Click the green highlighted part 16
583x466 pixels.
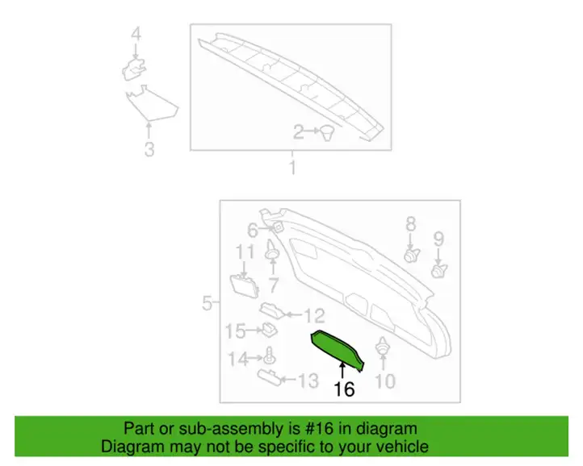coord(338,348)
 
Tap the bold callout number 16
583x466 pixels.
coord(344,389)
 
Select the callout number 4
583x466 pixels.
coord(136,35)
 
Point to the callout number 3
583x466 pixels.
coord(149,150)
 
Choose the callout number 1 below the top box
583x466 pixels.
coord(293,168)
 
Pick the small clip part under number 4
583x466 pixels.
coord(134,69)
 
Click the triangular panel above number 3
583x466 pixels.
coord(150,104)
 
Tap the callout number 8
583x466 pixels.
coord(410,224)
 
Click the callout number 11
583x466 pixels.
coord(245,252)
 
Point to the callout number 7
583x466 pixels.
coord(273,285)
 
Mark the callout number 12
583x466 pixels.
coord(315,316)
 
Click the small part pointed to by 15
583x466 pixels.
coord(269,330)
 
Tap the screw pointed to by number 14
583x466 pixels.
coord(268,356)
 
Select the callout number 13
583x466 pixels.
coord(308,381)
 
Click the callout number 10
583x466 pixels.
coord(384,381)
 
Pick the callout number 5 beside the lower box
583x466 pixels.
coord(207,303)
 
